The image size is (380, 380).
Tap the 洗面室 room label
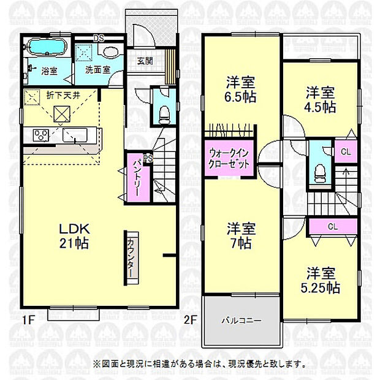click(x=97, y=69)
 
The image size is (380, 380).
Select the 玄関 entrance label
click(x=145, y=61)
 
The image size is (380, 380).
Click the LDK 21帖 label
click(x=74, y=235)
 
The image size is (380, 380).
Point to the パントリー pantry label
click(x=135, y=178)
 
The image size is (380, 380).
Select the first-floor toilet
click(x=163, y=111)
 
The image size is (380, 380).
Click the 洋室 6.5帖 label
click(x=240, y=89)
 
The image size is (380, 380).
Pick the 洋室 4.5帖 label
click(x=321, y=99)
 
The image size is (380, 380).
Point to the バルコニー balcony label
click(x=241, y=321)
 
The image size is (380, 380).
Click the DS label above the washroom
click(x=99, y=38)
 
